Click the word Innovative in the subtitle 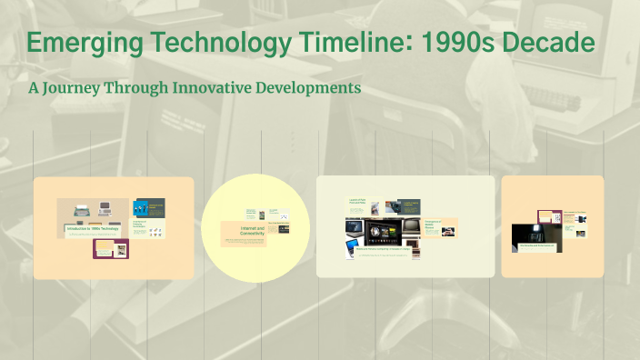pyautogui.click(x=206, y=88)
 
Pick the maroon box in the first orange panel pyautogui.click(x=112, y=248)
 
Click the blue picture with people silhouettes pyautogui.click(x=149, y=208)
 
